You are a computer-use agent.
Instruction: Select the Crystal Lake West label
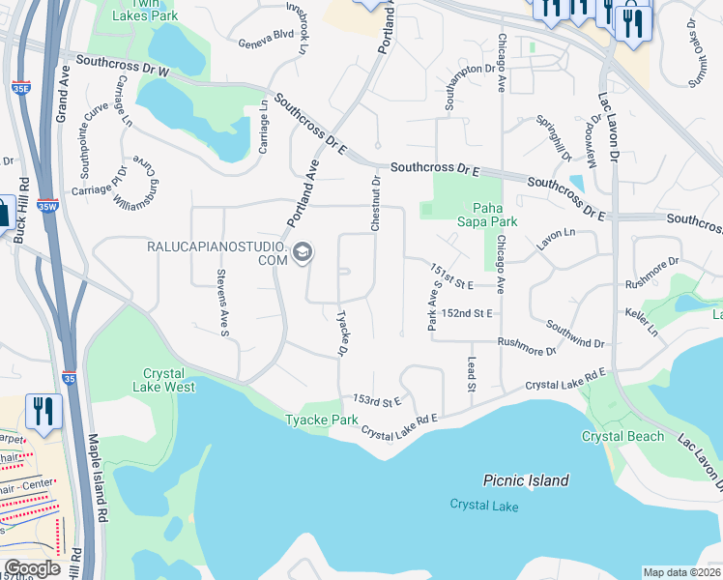[x=169, y=380]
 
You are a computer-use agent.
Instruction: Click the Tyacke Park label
[x=321, y=420]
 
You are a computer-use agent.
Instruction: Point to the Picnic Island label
[x=526, y=480]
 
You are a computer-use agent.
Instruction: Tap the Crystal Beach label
[x=622, y=436]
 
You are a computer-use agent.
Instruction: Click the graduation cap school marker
[x=303, y=253]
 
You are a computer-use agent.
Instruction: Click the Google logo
[x=31, y=568]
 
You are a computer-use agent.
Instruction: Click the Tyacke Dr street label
[x=342, y=332]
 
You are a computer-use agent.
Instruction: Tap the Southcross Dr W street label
[x=123, y=65]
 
